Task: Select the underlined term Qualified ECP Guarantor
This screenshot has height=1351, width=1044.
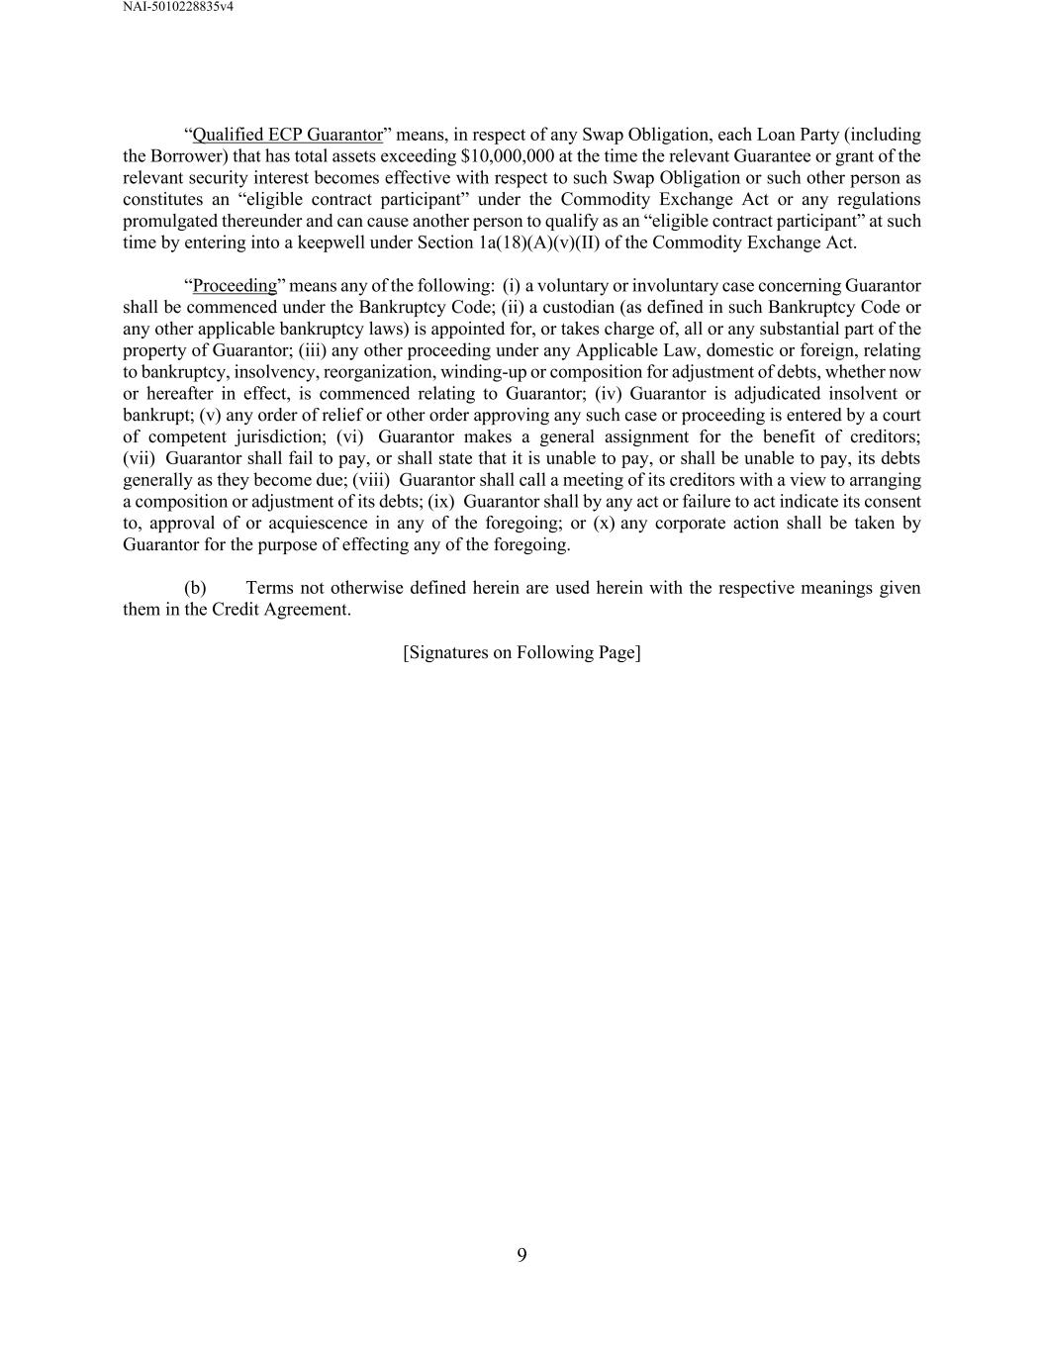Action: (287, 135)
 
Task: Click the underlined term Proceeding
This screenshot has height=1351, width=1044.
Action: (235, 286)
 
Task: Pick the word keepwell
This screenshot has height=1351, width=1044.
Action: (332, 242)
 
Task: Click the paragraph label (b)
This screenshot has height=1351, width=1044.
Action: (195, 588)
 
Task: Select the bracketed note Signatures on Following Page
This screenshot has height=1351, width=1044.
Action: (522, 652)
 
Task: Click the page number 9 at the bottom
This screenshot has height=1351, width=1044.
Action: (522, 1256)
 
